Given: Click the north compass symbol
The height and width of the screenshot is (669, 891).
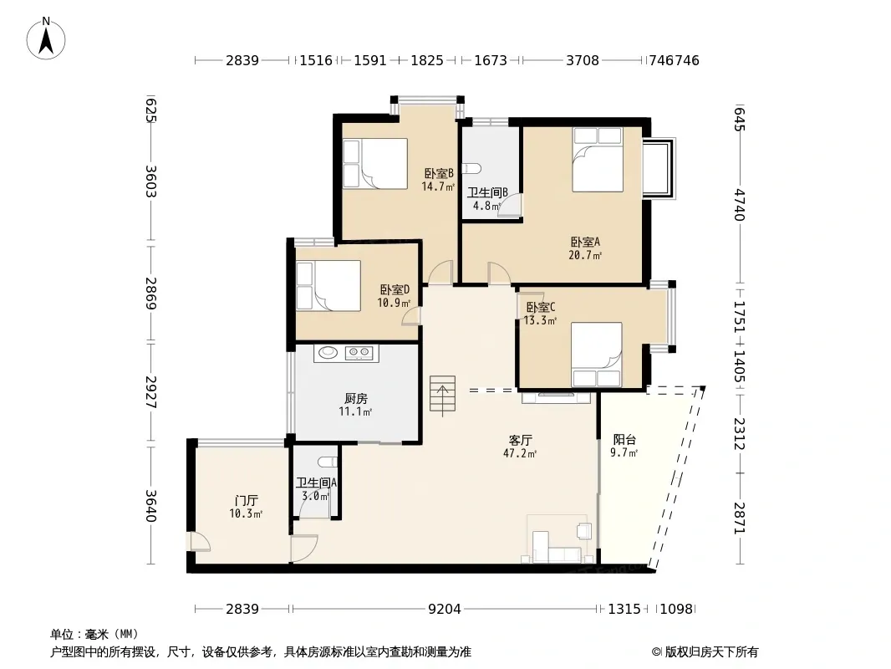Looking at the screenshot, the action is (46, 38).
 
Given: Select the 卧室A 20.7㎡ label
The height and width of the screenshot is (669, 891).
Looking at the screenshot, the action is (585, 248).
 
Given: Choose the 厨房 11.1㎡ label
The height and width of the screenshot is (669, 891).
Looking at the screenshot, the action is (356, 405).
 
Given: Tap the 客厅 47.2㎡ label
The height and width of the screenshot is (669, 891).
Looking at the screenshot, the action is (520, 447).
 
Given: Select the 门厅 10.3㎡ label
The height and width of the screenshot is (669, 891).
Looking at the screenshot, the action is (246, 507).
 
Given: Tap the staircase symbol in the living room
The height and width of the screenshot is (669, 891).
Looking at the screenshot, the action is (442, 395).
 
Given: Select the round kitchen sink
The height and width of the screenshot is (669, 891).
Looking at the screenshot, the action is (328, 352).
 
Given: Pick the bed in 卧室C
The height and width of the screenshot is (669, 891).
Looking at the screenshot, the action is (596, 355).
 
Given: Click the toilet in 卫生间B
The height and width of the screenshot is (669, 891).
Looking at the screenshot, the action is (473, 169).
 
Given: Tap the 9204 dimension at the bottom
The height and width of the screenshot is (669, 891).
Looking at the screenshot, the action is (445, 609).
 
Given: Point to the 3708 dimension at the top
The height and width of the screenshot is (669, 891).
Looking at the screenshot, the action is (583, 60).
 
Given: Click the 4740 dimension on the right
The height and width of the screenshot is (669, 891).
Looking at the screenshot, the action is (739, 205).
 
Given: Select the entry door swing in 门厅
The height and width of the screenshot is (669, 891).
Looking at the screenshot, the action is (200, 542).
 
